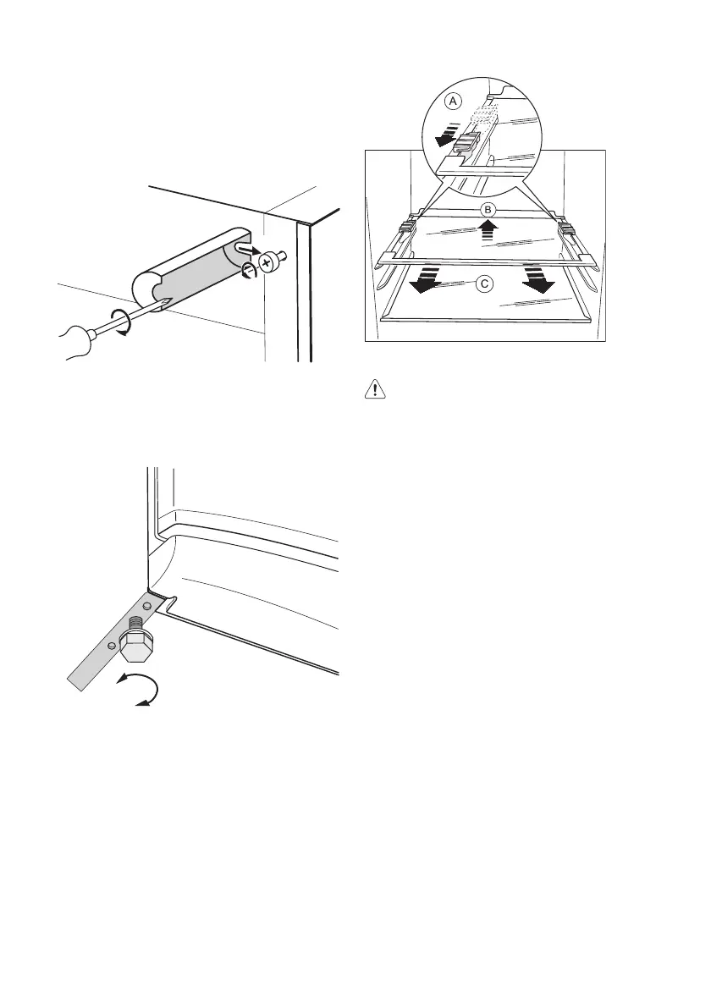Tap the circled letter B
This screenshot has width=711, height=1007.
[x=487, y=208]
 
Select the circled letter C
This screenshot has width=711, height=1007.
[x=483, y=285]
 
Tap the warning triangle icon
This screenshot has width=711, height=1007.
[x=371, y=390]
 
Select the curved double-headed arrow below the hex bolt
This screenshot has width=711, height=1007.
[x=140, y=690]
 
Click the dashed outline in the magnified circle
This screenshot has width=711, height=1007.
[x=482, y=114]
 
